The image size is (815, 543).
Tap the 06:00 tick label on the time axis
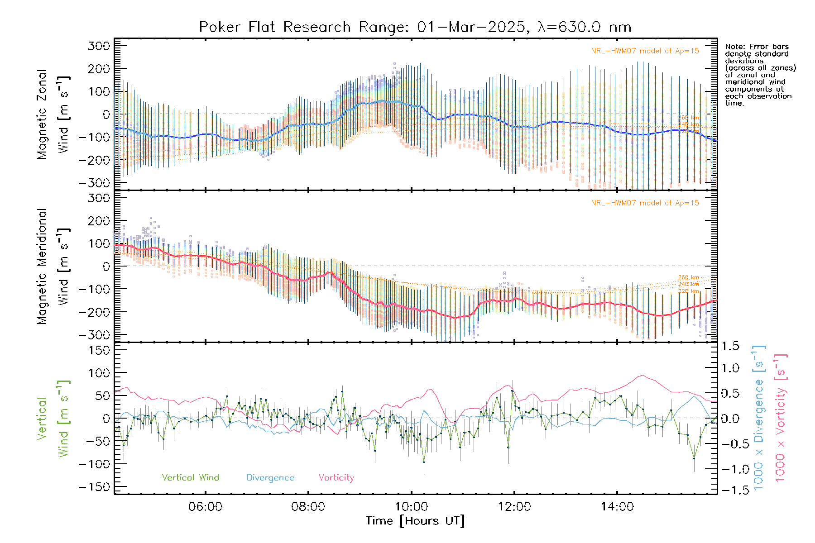205,506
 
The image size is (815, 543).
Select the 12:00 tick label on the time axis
514,506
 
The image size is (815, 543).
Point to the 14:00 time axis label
617,506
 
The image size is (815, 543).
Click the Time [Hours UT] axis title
415,521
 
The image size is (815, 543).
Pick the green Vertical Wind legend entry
190,477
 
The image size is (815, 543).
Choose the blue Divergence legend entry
270,477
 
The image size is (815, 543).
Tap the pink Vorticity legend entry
336,477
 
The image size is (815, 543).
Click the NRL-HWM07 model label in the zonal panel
645,51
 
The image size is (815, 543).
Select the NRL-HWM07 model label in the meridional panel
645,203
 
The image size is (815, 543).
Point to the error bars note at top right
760,75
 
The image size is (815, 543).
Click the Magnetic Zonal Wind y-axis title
53,114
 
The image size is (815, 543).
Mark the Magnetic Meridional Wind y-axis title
53,267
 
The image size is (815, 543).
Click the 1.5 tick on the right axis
730,346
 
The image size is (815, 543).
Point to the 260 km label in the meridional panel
688,277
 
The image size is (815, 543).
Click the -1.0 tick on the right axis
730,469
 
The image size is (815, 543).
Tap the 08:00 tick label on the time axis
308,506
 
